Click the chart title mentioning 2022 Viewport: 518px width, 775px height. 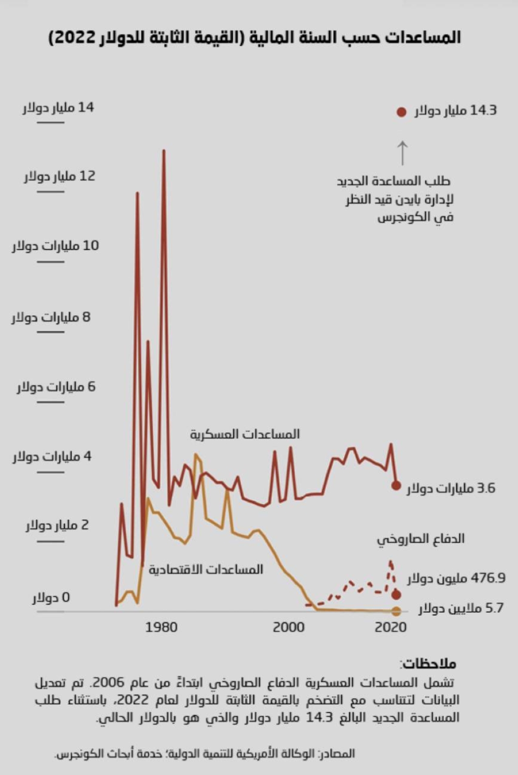coord(254,38)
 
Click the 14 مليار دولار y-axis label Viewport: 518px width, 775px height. coord(58,108)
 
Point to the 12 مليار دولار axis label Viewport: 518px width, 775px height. coord(60,176)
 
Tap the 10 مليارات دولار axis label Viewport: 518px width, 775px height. coord(55,246)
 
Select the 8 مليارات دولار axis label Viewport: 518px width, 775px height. coord(51,317)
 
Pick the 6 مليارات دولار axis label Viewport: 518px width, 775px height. coord(56,387)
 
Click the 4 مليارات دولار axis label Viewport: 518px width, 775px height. coord(52,457)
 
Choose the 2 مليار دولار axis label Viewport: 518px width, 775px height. coord(57,526)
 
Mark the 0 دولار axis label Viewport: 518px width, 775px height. coord(51,598)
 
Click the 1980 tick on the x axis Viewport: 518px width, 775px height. coord(161,627)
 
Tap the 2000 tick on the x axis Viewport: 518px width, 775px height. coord(289,627)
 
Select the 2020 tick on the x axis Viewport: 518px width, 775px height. coord(391,627)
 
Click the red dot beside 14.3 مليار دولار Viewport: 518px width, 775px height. coord(401,112)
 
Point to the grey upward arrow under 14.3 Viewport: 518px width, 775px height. coord(402,152)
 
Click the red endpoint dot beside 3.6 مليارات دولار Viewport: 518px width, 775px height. coord(396,486)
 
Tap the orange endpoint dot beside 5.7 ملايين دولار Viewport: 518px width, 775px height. coord(396,611)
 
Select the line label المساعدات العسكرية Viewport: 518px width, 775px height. coord(244,434)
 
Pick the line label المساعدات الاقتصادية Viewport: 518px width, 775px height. coord(206,570)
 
